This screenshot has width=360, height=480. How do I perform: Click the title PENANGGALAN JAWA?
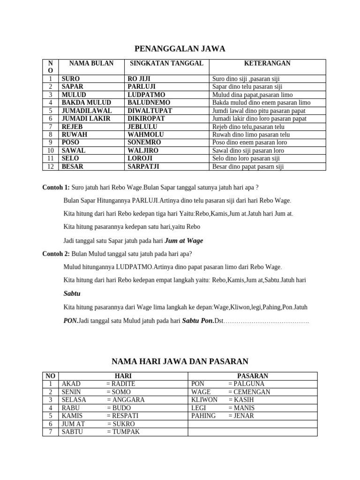pyautogui.click(x=180, y=48)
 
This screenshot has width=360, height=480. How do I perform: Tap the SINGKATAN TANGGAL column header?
pyautogui.click(x=166, y=63)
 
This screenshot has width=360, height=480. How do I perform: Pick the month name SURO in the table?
pyautogui.click(x=71, y=79)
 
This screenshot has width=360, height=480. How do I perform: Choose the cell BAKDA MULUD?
pyautogui.click(x=86, y=103)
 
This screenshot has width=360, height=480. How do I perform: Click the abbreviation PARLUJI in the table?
pyautogui.click(x=142, y=87)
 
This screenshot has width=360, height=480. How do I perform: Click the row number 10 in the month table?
pyautogui.click(x=50, y=150)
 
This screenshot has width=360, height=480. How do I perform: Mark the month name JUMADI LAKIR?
pyautogui.click(x=86, y=119)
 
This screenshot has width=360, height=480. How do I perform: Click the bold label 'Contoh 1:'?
pyautogui.click(x=56, y=187)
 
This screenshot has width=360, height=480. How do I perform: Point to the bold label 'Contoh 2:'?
pyautogui.click(x=56, y=254)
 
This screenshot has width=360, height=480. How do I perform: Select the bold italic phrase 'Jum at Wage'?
pyautogui.click(x=184, y=240)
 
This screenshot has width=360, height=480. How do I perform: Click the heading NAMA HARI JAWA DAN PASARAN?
pyautogui.click(x=180, y=361)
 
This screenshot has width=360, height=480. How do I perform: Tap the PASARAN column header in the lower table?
pyautogui.click(x=253, y=376)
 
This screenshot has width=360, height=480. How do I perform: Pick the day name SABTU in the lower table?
pyautogui.click(x=72, y=432)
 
